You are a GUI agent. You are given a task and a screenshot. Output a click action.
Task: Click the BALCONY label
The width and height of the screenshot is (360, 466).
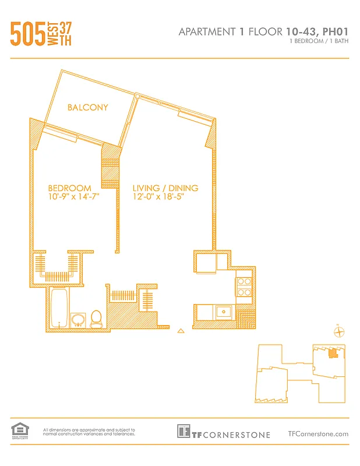[x=87, y=107]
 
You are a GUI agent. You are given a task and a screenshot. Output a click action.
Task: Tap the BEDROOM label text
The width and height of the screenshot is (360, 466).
[x=69, y=188]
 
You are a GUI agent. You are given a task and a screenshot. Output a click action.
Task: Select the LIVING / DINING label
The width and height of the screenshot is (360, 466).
[x=165, y=188]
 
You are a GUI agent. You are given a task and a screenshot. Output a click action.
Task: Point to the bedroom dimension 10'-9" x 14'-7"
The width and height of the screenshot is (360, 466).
[x=73, y=197]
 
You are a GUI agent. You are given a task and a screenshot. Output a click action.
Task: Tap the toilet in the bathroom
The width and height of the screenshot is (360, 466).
[x=97, y=318]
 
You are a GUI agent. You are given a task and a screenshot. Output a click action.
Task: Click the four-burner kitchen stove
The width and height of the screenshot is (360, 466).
[x=243, y=287]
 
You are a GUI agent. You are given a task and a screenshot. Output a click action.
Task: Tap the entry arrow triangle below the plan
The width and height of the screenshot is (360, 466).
[x=181, y=331]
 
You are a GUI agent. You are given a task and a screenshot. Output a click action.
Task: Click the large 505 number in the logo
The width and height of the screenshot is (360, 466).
[x=28, y=34]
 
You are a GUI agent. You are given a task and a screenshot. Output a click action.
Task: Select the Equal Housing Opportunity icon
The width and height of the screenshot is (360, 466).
[x=20, y=430]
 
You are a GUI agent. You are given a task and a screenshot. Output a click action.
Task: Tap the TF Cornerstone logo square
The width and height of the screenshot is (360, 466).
[x=184, y=432]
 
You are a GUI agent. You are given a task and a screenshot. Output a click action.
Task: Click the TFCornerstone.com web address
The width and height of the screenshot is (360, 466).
[x=318, y=433]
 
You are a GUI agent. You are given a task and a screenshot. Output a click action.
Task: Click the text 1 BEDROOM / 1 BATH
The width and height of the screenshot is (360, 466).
[x=319, y=42]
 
